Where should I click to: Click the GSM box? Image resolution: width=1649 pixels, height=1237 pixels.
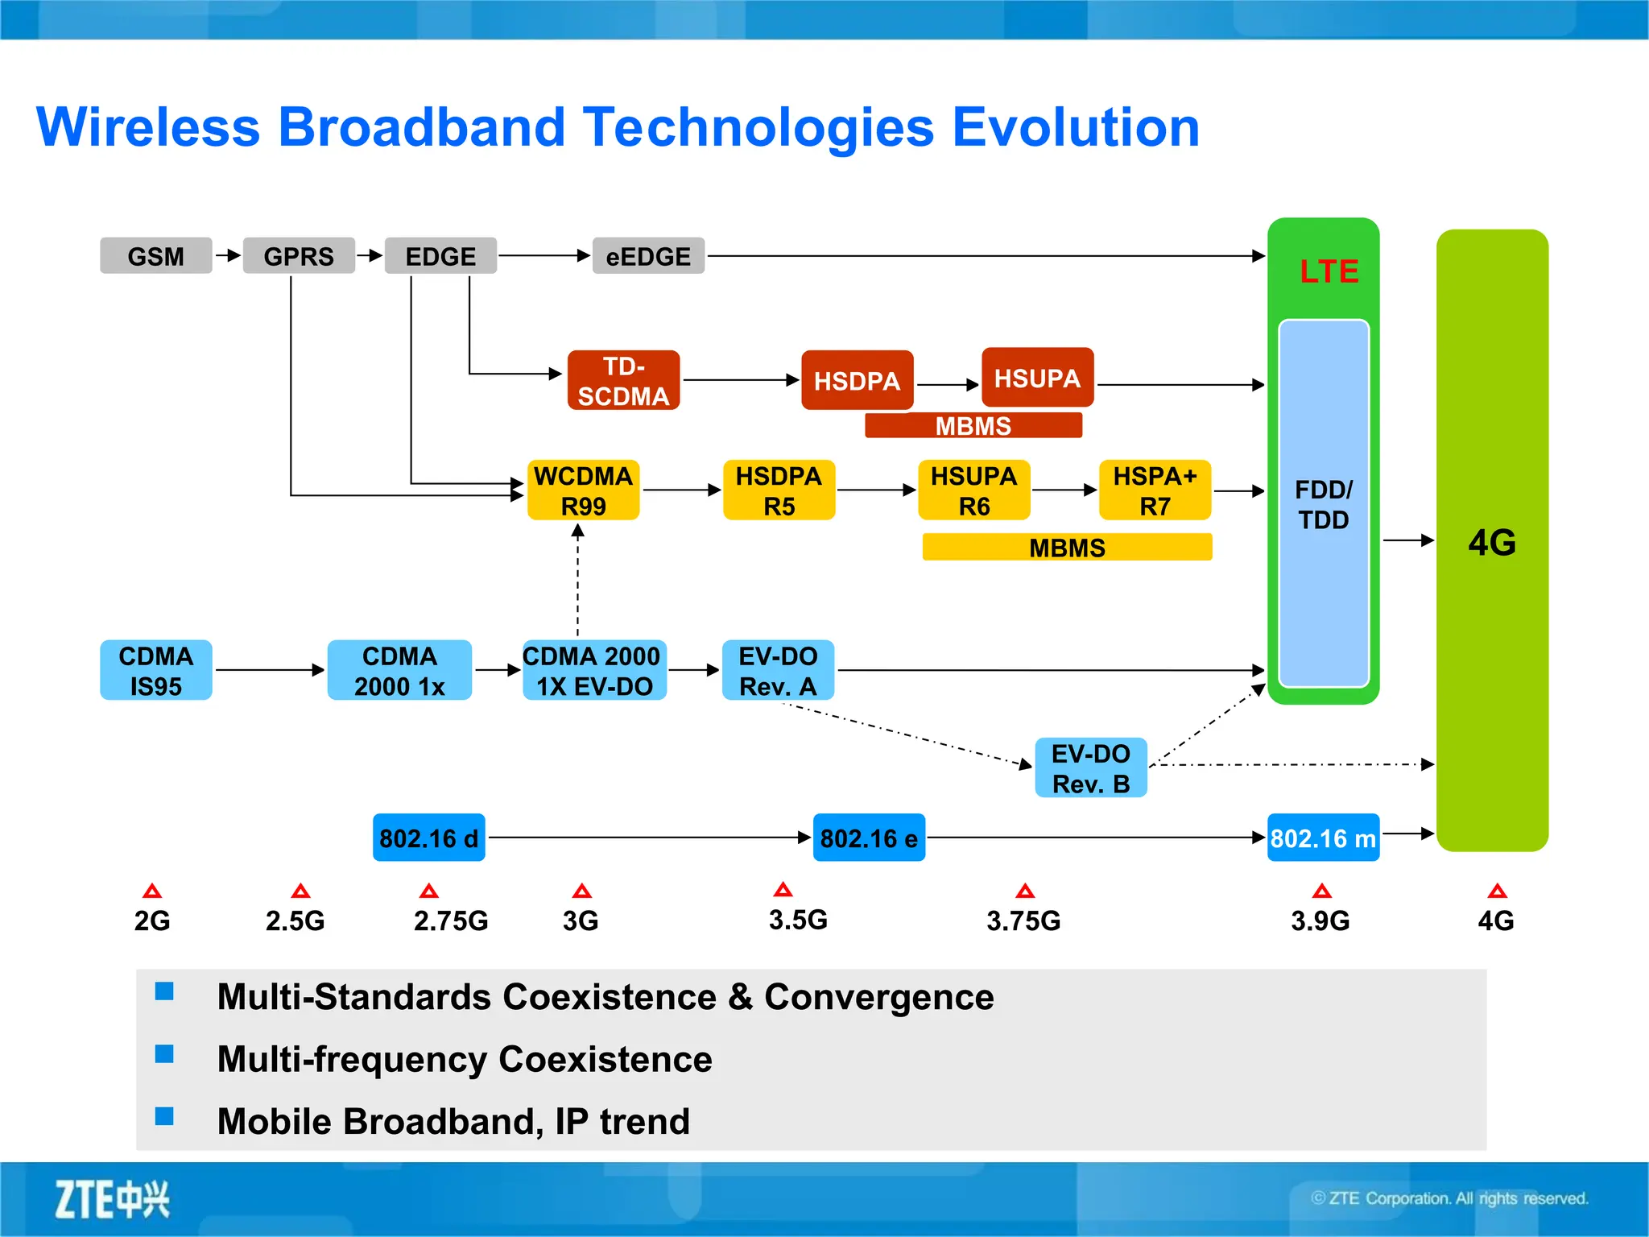[155, 256]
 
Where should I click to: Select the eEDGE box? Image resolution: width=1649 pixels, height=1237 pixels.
[648, 256]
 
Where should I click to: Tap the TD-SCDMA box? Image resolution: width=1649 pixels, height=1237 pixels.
[623, 381]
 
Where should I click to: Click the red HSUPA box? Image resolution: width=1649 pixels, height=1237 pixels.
[1037, 378]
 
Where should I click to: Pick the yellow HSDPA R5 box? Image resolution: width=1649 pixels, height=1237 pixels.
[779, 490]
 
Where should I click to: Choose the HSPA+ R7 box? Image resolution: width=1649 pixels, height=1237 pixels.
[1155, 490]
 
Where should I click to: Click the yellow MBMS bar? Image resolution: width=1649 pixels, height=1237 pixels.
[1067, 548]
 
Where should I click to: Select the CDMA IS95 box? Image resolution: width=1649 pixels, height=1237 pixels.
[155, 670]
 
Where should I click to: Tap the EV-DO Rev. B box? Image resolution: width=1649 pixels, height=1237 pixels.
[1090, 768]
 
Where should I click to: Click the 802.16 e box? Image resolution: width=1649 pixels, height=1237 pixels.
[869, 838]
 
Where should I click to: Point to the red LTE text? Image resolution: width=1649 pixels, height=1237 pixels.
[1329, 271]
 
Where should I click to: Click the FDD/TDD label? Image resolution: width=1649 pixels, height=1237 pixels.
[1324, 504]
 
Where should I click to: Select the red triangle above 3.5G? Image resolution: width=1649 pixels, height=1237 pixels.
[783, 890]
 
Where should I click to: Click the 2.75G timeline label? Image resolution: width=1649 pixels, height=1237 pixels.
[450, 921]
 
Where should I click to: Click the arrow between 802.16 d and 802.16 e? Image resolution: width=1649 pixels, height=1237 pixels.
[648, 838]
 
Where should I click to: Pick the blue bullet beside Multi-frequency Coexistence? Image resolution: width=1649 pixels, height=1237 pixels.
[164, 1054]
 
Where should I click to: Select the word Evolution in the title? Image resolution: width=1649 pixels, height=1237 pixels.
[1076, 127]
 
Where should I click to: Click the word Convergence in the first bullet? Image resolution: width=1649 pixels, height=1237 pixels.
[878, 997]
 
